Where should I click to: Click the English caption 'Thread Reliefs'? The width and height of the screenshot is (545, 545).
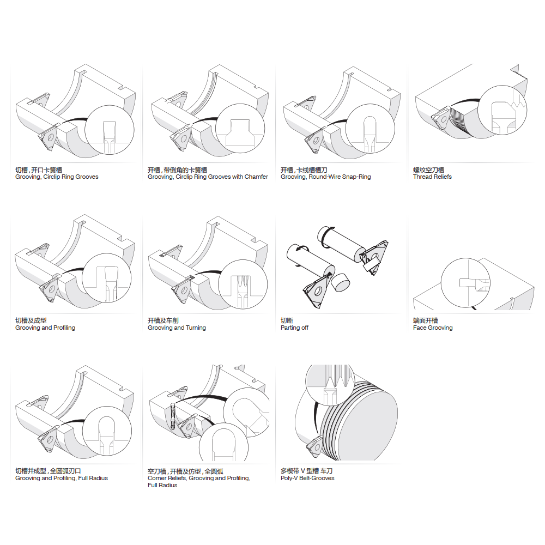[432, 177]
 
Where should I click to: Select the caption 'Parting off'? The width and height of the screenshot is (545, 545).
[294, 328]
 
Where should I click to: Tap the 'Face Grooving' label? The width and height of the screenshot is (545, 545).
[433, 328]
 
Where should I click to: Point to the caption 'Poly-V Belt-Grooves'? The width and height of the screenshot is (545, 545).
[307, 478]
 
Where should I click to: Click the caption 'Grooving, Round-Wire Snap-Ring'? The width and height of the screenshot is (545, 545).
[326, 177]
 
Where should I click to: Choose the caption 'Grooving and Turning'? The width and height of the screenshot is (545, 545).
[177, 328]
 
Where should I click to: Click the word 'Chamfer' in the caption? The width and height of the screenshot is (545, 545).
[257, 177]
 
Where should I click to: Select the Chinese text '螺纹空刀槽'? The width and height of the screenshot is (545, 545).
[428, 169]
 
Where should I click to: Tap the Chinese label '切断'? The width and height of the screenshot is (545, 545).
[287, 320]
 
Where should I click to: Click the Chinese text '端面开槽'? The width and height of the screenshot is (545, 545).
[426, 320]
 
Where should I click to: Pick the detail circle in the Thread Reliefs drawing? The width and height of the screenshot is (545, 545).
[502, 110]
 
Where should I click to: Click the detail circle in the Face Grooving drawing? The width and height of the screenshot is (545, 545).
[465, 282]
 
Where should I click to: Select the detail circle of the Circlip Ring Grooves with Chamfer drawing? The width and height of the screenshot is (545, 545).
[240, 128]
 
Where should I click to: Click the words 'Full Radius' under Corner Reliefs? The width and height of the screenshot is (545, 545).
[162, 485]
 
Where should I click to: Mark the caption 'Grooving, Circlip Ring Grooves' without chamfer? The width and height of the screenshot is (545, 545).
[57, 177]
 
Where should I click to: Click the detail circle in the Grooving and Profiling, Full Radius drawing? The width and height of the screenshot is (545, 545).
[107, 431]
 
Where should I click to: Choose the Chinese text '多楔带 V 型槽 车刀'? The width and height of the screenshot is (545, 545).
[306, 471]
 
